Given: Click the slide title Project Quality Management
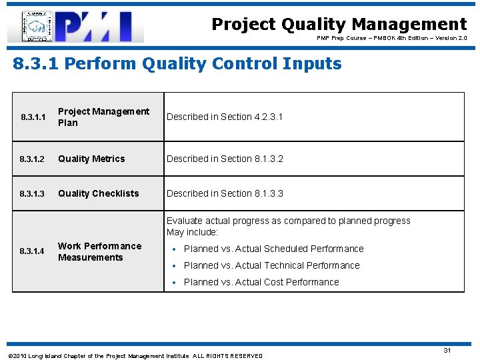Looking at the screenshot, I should click(x=339, y=25).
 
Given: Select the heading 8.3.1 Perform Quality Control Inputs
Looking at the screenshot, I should click(x=177, y=64).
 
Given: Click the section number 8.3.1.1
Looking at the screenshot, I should click(x=32, y=117).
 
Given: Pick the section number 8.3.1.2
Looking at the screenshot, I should click(x=32, y=159).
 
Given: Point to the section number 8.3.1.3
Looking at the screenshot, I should click(x=32, y=194).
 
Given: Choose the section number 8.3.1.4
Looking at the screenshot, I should click(x=32, y=251).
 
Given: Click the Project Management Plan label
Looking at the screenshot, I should click(x=103, y=117).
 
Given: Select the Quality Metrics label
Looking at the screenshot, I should click(x=91, y=159).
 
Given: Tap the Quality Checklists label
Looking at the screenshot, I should click(x=99, y=193).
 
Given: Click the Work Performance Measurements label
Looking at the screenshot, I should click(x=99, y=251).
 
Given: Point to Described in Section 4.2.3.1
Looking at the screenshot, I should click(x=225, y=117).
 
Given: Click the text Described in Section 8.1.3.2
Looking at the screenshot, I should click(x=225, y=159).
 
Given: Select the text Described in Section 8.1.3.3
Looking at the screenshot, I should click(x=225, y=193).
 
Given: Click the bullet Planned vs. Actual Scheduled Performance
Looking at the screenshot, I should click(x=273, y=249).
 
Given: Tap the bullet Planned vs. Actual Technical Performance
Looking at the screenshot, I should click(x=271, y=265).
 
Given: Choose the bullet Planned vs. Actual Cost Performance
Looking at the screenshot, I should click(x=261, y=282).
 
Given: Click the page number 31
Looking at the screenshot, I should click(x=447, y=350).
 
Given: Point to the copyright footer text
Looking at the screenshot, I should click(x=133, y=356).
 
